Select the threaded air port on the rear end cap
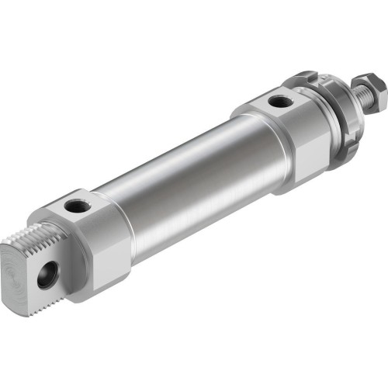click(76, 206)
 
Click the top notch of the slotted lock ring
click(307, 76)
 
